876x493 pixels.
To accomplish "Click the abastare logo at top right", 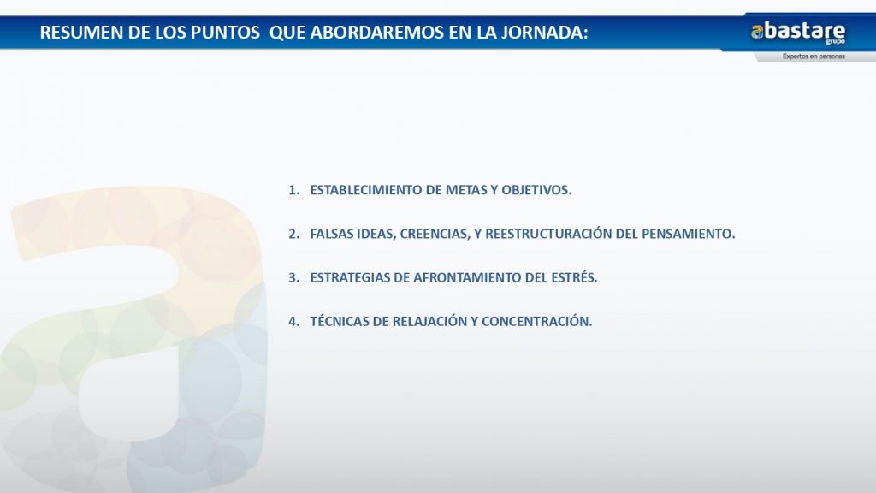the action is (x=798, y=32).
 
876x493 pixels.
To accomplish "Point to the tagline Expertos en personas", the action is (x=814, y=56).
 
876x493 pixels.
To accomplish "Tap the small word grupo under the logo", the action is (x=835, y=42).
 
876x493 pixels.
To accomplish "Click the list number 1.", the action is (x=294, y=190).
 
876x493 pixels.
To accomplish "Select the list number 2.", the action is (x=294, y=234).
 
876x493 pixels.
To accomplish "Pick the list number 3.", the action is (x=294, y=278).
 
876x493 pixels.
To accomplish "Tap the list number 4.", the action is (x=294, y=322).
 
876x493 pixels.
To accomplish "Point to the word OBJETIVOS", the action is (x=536, y=190).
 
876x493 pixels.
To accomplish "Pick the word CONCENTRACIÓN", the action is (x=537, y=321).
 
